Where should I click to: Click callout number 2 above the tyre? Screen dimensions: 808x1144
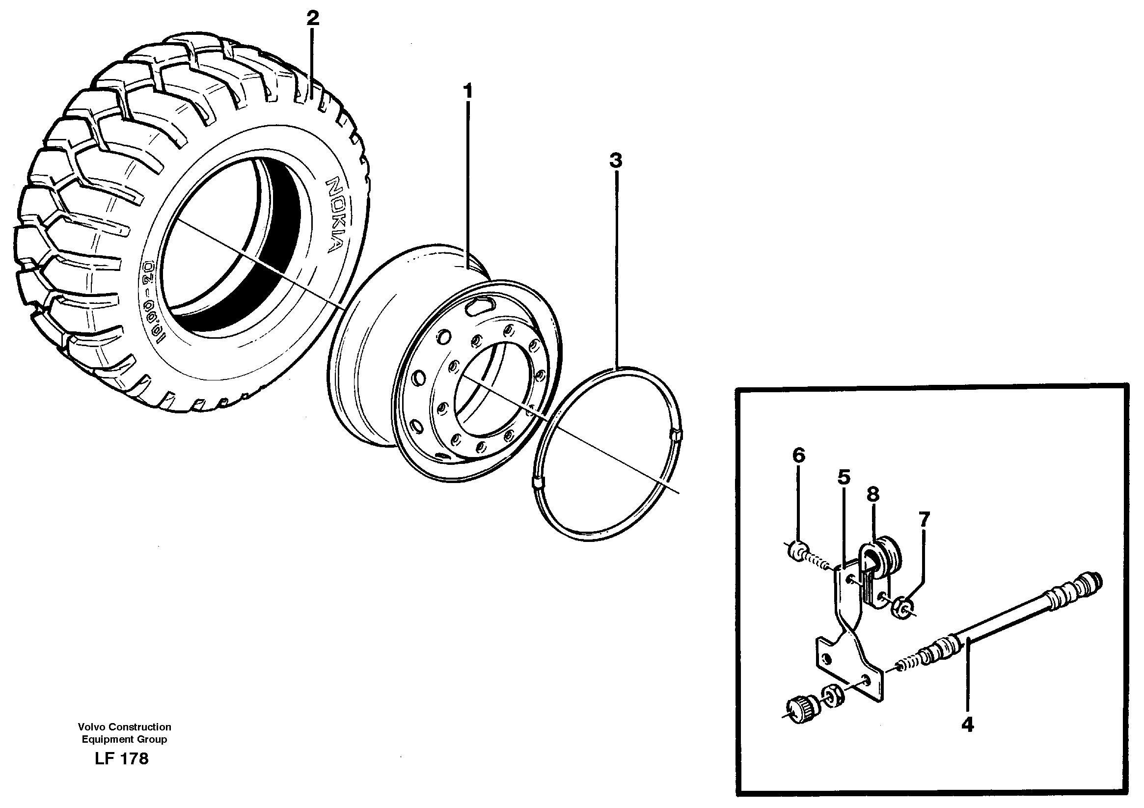tap(312, 19)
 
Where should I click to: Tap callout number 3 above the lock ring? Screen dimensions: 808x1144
tap(616, 161)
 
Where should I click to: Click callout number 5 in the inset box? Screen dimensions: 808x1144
tap(844, 477)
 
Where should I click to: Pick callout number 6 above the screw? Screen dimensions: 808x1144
tap(798, 455)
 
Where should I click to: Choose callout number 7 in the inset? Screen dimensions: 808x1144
tap(924, 519)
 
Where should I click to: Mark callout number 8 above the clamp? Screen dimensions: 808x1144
tap(873, 494)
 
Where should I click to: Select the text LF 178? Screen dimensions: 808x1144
tap(122, 759)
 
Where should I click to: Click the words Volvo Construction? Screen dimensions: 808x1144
tap(124, 727)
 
